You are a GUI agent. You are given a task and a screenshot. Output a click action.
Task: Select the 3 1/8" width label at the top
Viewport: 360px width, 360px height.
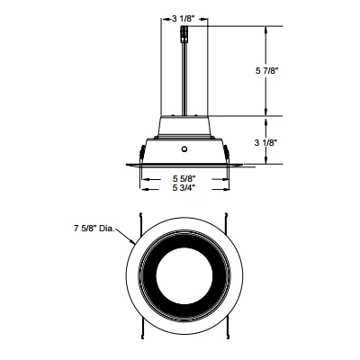click(185, 17)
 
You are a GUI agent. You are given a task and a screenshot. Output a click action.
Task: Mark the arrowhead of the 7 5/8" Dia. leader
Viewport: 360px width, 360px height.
click(132, 242)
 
